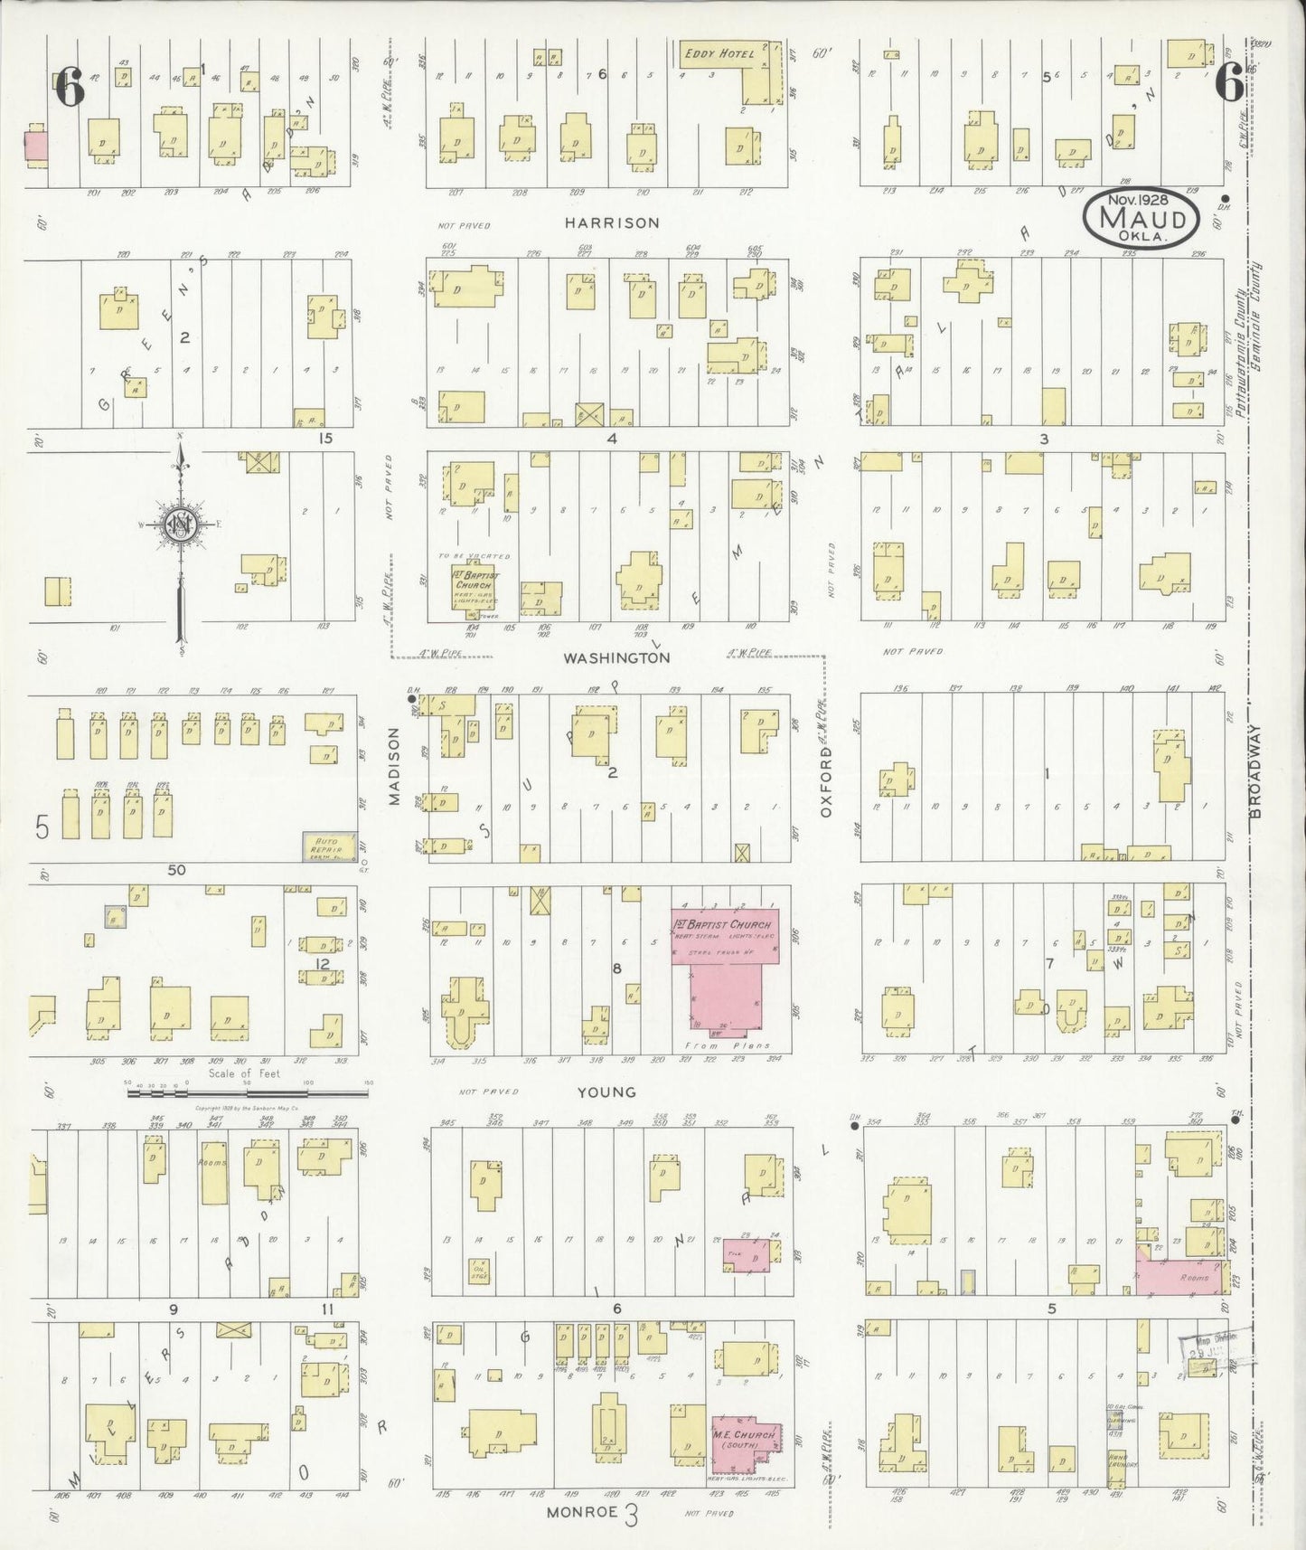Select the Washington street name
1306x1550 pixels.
pyautogui.click(x=616, y=658)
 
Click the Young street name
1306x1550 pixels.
pyautogui.click(x=607, y=1092)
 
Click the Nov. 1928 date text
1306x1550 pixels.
pyautogui.click(x=1142, y=201)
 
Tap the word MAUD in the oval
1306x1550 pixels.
pyautogui.click(x=1142, y=220)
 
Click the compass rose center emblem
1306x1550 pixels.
pyautogui.click(x=179, y=525)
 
